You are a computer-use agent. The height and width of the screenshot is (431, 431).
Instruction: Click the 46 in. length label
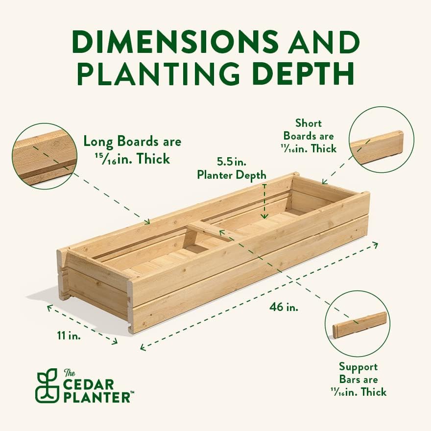tap(284, 308)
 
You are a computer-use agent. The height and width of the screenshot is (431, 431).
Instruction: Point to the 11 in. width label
tap(68, 336)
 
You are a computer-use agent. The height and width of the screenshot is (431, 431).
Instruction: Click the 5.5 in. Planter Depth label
tap(232, 168)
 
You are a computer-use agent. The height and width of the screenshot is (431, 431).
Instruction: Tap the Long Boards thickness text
tap(132, 150)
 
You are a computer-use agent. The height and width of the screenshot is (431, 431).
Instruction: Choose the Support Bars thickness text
tap(358, 379)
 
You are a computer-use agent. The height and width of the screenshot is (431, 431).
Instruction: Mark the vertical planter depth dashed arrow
tap(264, 201)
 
